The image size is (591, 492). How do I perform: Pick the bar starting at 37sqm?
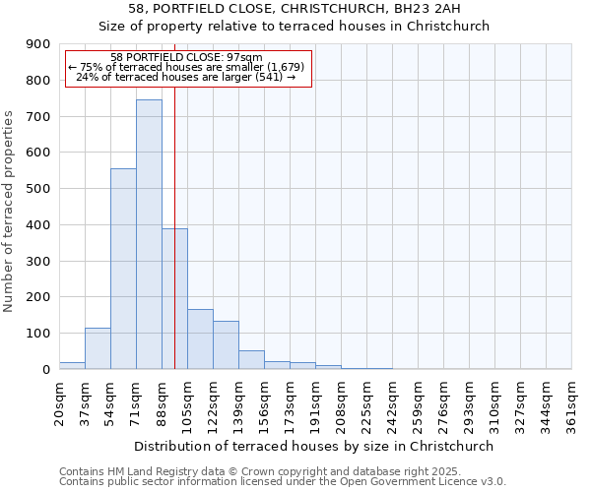98,348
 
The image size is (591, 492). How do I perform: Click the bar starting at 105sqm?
200,339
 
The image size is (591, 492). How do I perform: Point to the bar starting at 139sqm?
251,360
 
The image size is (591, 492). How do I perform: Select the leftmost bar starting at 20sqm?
72,366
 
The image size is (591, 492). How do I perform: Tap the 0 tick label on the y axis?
45,370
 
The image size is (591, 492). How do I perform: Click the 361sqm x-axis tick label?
571,404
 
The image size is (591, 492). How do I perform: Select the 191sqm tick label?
315,404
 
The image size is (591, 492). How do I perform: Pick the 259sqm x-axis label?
418,404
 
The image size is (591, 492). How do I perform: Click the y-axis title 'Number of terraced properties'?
10,211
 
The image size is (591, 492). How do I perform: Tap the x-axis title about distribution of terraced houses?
315,446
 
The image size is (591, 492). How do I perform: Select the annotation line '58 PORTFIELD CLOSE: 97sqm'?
187,58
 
